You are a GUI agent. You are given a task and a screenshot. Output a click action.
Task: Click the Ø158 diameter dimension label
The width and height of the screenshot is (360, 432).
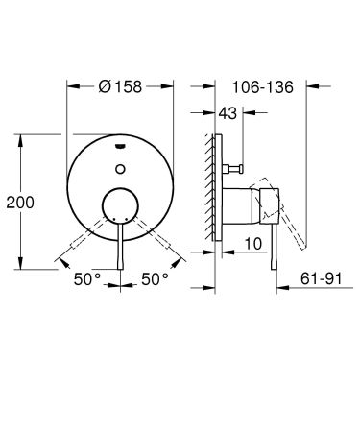[x=120, y=84]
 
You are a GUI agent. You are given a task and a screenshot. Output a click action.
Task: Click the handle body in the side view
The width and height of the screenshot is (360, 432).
[x=254, y=204]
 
